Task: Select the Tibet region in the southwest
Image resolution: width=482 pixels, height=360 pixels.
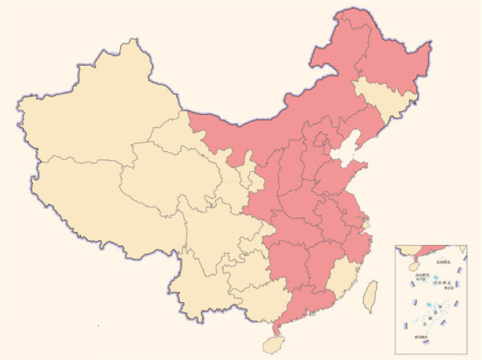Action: coord(88,201)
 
